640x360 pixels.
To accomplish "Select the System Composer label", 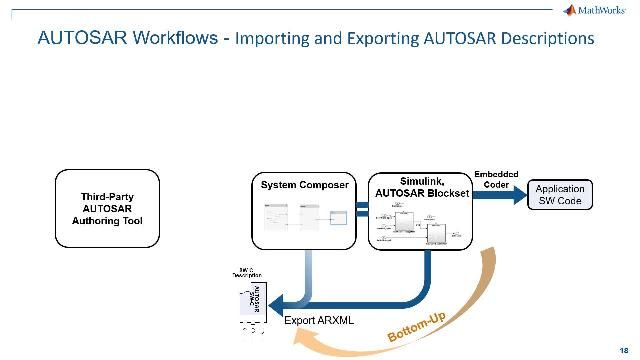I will coord(305,185).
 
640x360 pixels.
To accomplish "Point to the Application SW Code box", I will coord(560,195).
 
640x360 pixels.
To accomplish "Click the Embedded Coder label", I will coord(495,177).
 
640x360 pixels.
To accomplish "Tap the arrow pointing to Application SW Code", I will coord(500,197).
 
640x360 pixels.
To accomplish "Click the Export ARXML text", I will coord(318,321).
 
